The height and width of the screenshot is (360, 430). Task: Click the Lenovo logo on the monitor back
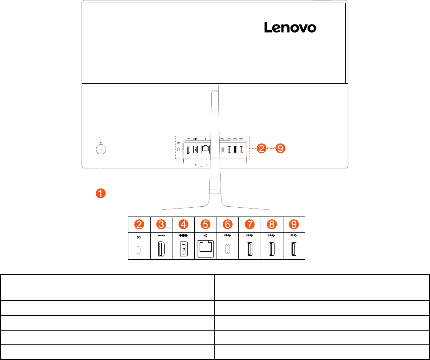pyautogui.click(x=290, y=28)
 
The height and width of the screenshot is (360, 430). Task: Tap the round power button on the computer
pyautogui.click(x=101, y=149)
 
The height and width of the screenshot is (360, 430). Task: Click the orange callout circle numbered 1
pyautogui.click(x=101, y=193)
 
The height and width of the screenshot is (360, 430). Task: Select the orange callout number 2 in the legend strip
pyautogui.click(x=139, y=224)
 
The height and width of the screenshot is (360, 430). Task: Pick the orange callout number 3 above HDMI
pyautogui.click(x=161, y=224)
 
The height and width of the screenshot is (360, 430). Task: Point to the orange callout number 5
pyautogui.click(x=206, y=224)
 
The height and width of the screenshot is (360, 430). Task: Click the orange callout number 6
pyautogui.click(x=228, y=224)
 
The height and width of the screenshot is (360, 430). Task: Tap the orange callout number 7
pyautogui.click(x=250, y=224)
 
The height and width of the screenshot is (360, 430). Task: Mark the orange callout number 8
pyautogui.click(x=272, y=224)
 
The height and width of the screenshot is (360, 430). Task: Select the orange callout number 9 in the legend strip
pyautogui.click(x=294, y=224)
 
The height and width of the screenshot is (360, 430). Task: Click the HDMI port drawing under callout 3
pyautogui.click(x=161, y=250)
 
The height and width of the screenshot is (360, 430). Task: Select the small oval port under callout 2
pyautogui.click(x=139, y=250)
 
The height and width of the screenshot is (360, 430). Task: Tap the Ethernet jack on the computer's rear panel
pyautogui.click(x=206, y=150)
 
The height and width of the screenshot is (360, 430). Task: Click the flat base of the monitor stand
pyautogui.click(x=214, y=207)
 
